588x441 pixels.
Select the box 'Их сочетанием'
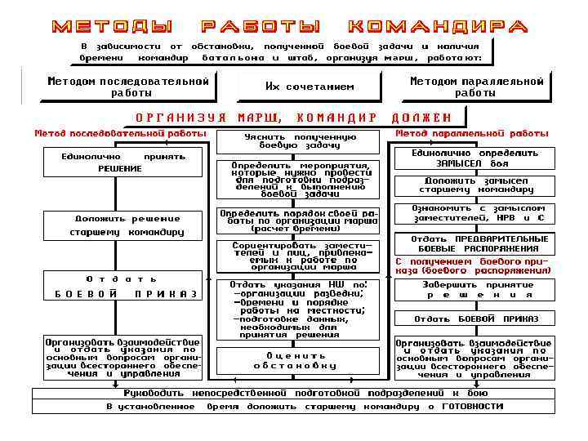pos(310,86)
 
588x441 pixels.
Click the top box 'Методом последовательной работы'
pos(128,87)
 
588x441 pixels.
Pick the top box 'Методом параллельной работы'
pos(476,87)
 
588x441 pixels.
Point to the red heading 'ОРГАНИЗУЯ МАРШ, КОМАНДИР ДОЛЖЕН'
pos(293,118)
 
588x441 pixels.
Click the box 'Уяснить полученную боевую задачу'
pos(299,141)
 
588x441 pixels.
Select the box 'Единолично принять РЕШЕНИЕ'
pos(122,162)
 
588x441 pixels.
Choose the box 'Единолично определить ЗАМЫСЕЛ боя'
pos(474,158)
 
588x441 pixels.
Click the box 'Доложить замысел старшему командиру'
pos(474,185)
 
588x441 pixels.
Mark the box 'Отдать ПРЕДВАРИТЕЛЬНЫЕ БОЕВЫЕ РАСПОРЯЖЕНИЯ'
pos(474,243)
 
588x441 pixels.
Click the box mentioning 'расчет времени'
pos(299,220)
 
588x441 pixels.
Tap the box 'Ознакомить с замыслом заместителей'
pos(474,212)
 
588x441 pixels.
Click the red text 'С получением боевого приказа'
pos(474,265)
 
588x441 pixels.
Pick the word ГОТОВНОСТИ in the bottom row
pos(474,406)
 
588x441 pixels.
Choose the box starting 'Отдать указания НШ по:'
pos(297,309)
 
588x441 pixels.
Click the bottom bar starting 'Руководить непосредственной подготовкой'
pos(294,393)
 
